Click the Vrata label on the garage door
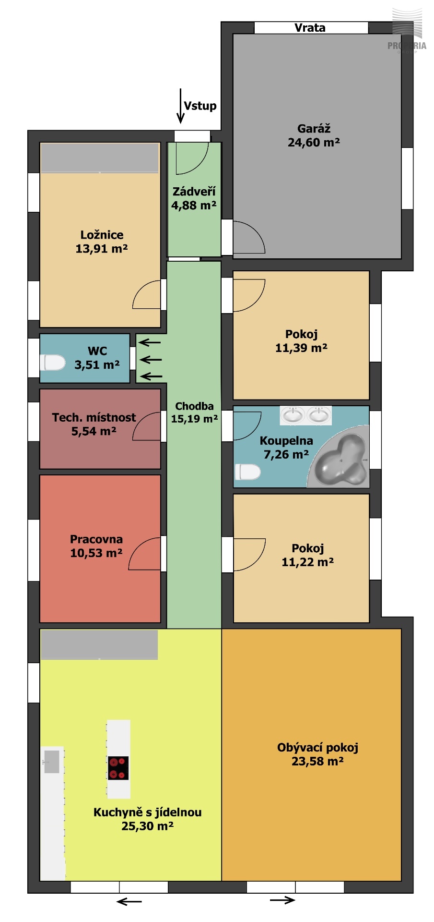(x=310, y=28)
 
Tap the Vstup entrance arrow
(x=180, y=106)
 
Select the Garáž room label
(x=314, y=129)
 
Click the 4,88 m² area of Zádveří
(x=194, y=206)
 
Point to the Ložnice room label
(x=102, y=235)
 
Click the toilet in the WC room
(x=52, y=363)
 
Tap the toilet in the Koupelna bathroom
(x=247, y=472)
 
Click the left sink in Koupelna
(x=292, y=415)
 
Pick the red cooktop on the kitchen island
(x=118, y=768)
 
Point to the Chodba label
(x=194, y=406)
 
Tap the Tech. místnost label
(x=94, y=418)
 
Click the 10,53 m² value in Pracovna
(x=96, y=553)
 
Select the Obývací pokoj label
(x=317, y=748)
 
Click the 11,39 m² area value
(x=301, y=348)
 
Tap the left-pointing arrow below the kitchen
(x=129, y=901)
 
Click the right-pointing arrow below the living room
(x=282, y=900)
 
